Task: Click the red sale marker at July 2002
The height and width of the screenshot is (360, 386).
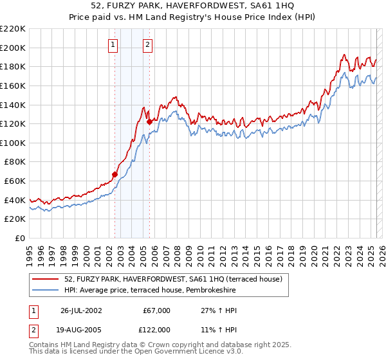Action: click(115, 174)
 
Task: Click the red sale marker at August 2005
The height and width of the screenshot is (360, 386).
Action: click(149, 122)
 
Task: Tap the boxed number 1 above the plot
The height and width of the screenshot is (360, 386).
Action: click(113, 44)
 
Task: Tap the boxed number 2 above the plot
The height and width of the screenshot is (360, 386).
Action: click(148, 44)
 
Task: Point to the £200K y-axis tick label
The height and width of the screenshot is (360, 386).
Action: click(14, 48)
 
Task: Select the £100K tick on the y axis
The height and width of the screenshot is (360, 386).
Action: click(14, 143)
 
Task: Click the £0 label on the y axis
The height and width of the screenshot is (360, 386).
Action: click(20, 238)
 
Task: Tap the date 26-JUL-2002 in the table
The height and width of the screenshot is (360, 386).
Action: click(81, 310)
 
